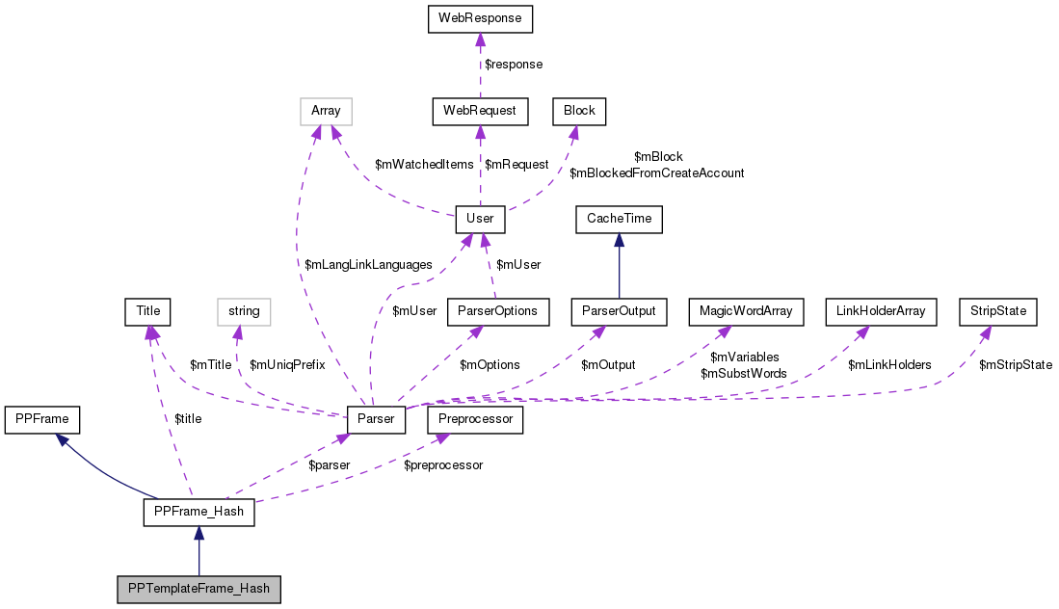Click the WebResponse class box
[480, 18]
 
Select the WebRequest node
[480, 111]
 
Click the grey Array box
[326, 111]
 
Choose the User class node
[480, 219]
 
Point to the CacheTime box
[619, 219]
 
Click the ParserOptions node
[497, 311]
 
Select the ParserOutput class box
[619, 311]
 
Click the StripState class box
[998, 311]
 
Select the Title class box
[147, 311]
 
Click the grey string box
[244, 311]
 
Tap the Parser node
[376, 419]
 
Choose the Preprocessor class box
[480, 419]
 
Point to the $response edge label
[513, 65]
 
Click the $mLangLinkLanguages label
[367, 265]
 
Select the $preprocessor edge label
[443, 465]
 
